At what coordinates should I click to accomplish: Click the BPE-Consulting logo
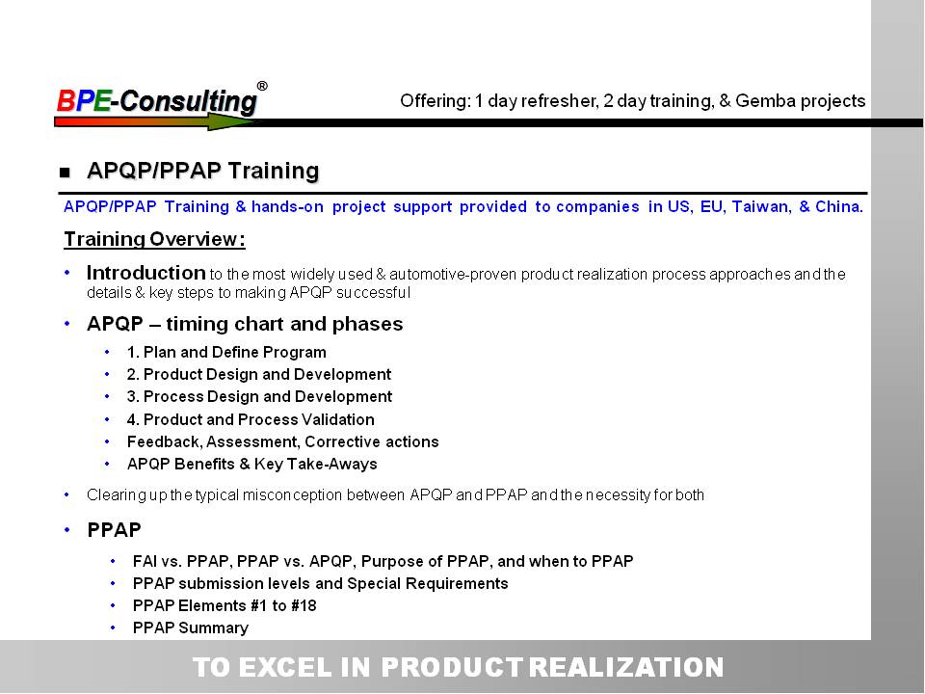point(157,101)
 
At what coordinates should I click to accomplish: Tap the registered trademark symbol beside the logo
point(262,86)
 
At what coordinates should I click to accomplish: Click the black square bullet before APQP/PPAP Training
point(65,173)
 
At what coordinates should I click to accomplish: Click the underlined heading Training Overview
point(154,239)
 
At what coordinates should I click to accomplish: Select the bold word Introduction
point(145,273)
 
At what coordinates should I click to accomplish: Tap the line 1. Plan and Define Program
point(226,353)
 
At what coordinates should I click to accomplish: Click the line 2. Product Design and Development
point(259,375)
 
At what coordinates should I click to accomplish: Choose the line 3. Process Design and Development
point(259,396)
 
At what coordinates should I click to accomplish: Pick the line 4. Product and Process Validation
point(251,419)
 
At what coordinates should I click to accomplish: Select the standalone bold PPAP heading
point(114,530)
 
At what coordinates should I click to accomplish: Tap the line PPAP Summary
point(191,627)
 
